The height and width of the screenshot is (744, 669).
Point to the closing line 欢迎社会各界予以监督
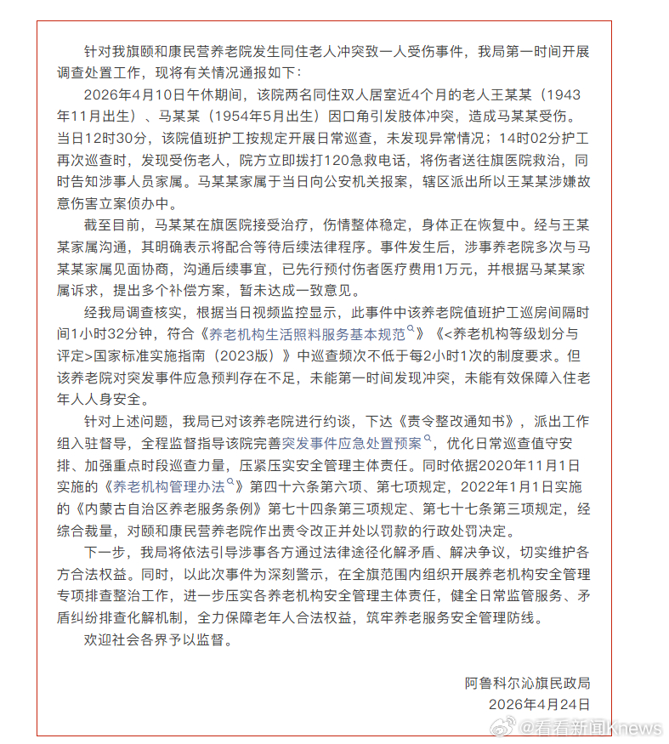click(x=158, y=639)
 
